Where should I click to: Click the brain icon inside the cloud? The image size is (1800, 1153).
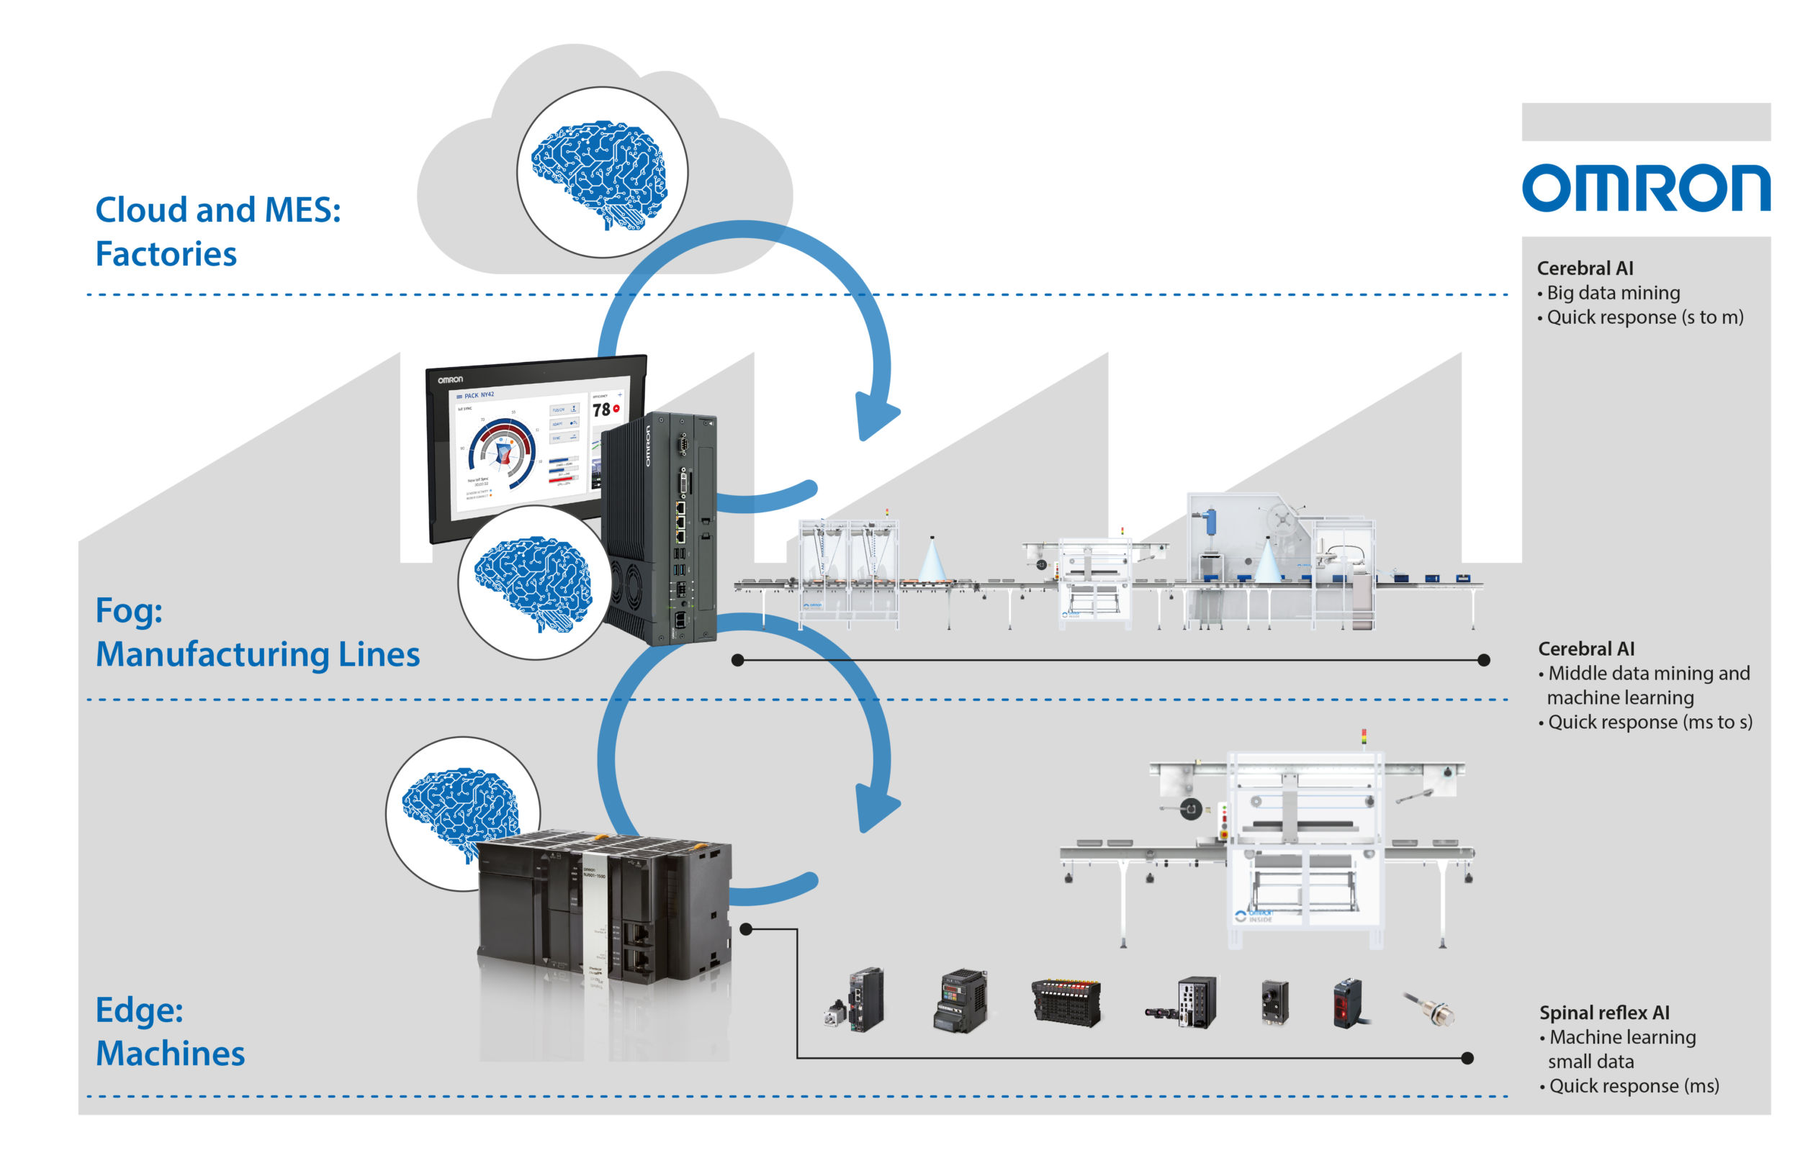click(x=600, y=173)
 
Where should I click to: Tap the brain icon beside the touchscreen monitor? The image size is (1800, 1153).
click(x=533, y=583)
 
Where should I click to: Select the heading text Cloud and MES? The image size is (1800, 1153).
click(x=218, y=209)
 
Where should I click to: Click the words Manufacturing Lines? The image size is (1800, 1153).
click(x=258, y=654)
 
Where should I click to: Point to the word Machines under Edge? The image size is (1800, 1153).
click(x=170, y=1054)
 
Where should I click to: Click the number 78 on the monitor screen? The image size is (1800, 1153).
click(x=600, y=410)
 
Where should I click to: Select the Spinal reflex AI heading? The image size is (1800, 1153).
click(x=1604, y=1012)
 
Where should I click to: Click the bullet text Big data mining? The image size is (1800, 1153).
click(x=1613, y=293)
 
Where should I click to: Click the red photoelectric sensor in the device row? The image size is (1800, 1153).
click(x=1348, y=1003)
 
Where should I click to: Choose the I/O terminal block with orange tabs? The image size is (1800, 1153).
click(x=1066, y=1002)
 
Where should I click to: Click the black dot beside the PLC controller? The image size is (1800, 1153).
click(x=746, y=929)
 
